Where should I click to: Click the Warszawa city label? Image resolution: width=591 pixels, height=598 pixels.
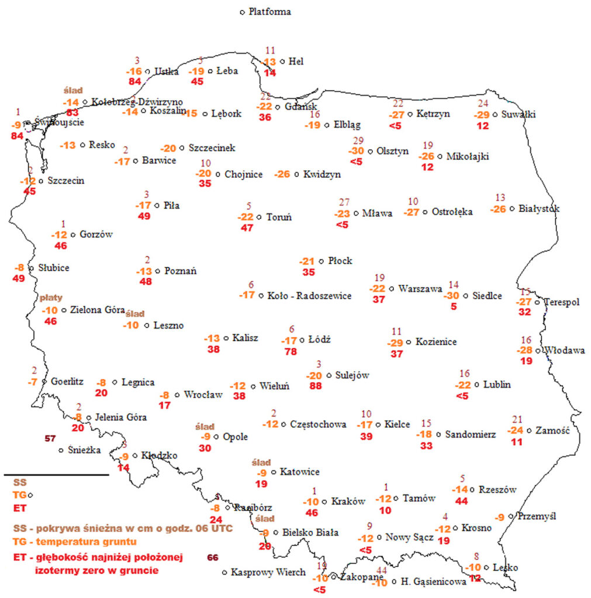pos(420,288)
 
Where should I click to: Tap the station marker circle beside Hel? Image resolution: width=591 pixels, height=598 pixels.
pos(282,61)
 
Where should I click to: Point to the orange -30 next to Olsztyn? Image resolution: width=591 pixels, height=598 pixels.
pos(356,151)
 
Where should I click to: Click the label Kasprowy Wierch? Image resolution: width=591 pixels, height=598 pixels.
pos(268,572)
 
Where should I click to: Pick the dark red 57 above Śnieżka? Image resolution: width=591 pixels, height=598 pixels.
pos(50,438)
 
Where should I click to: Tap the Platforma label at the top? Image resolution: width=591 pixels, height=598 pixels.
pos(269,12)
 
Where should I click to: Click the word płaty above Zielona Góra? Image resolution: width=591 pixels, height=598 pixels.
pos(51,298)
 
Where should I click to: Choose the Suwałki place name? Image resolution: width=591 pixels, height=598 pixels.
pos(518,114)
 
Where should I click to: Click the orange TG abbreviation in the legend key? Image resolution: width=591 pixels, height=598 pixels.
pos(20,495)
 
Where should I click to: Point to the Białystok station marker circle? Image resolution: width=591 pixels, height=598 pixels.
pos(512,208)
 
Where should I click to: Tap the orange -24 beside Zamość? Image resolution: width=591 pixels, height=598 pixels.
pos(515,430)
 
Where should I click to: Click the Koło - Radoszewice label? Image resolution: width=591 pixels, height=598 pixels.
pos(310,296)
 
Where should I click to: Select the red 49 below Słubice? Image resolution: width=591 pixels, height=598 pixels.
pos(19,279)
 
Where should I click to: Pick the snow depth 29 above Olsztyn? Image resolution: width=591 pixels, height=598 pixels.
pos(358,141)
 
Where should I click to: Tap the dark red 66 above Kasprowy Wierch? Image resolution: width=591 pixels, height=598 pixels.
pos(213,558)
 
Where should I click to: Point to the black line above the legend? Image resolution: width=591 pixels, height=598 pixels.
pos(56,475)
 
